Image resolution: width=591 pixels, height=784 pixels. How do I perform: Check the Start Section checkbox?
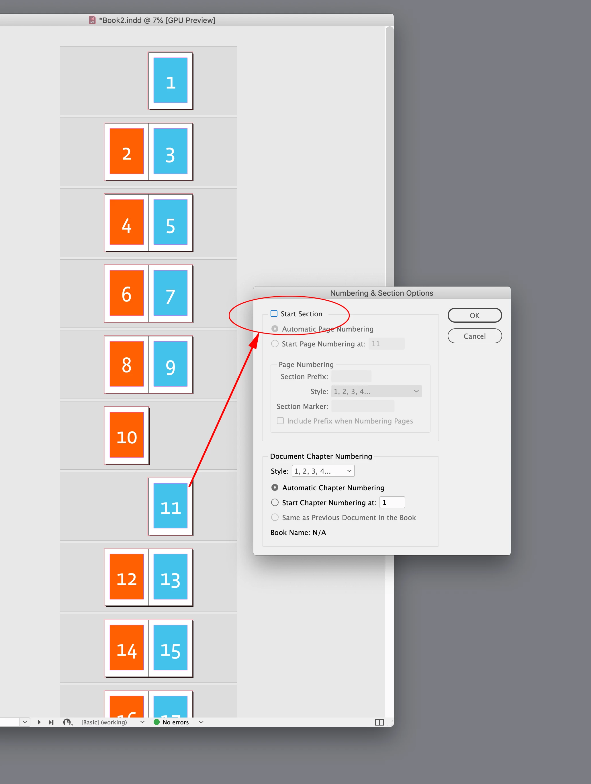tap(274, 314)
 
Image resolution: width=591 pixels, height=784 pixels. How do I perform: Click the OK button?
tap(475, 315)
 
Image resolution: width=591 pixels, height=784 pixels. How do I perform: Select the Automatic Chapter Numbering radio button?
tap(275, 488)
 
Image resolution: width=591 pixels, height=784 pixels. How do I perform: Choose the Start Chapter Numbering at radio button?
tap(275, 503)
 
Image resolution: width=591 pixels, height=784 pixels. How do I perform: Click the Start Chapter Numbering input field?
tap(392, 503)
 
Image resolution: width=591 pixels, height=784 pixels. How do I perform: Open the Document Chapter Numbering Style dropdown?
tap(323, 471)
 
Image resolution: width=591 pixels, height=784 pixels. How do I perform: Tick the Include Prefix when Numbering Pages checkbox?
tap(280, 421)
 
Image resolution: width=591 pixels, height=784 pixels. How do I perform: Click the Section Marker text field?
tap(362, 406)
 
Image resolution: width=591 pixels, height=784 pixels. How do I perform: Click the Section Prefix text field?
tap(351, 377)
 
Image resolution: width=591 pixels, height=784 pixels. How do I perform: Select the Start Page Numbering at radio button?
tap(275, 344)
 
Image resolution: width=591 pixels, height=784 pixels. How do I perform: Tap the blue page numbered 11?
tap(171, 506)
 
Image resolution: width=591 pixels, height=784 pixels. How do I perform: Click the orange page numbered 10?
tap(127, 435)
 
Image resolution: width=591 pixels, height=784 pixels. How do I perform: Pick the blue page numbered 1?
tap(171, 81)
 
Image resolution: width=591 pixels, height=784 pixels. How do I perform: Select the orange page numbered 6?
tap(127, 293)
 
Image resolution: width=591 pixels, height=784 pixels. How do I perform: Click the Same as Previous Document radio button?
tap(275, 518)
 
